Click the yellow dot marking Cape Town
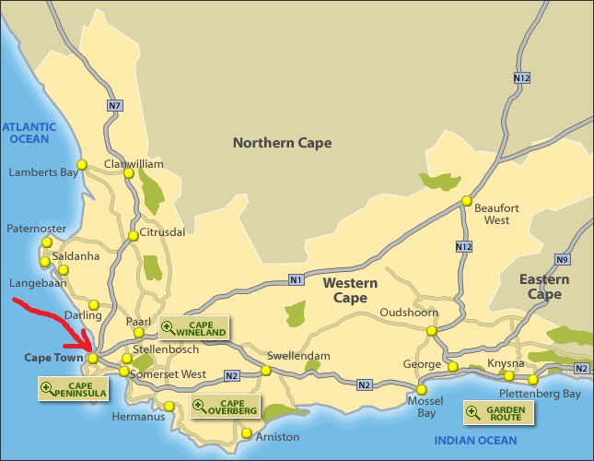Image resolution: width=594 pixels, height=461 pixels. tap(93, 358)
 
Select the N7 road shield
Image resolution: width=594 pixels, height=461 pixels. tap(114, 106)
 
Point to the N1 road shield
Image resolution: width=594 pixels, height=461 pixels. tap(296, 280)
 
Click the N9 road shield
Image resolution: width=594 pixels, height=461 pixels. tap(563, 259)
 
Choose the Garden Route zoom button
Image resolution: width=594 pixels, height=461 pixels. tap(497, 413)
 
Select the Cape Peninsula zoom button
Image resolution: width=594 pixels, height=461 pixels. tap(73, 389)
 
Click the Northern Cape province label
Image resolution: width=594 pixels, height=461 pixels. tap(282, 143)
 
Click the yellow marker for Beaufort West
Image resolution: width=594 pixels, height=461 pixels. tap(467, 201)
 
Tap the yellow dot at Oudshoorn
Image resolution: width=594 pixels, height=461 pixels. tap(431, 330)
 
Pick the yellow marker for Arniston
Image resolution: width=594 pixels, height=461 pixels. tap(246, 433)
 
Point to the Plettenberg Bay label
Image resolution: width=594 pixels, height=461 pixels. tap(547, 394)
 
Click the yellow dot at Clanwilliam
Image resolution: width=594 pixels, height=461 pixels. tap(129, 172)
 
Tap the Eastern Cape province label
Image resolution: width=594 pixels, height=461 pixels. tap(544, 287)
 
